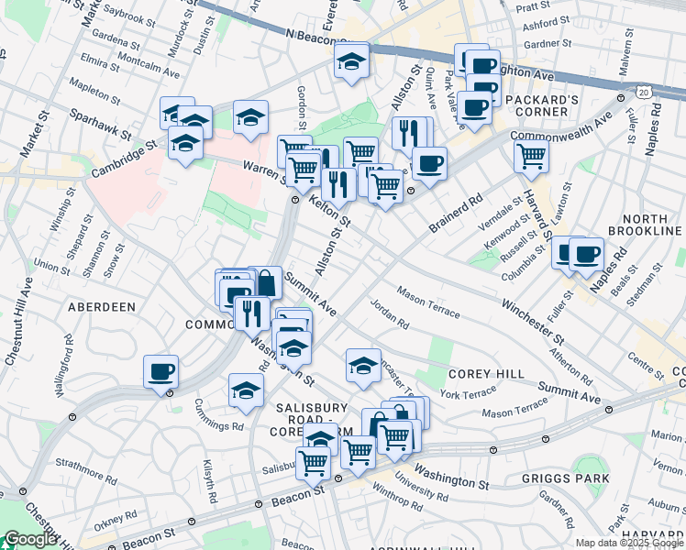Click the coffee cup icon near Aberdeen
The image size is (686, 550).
click(x=161, y=372)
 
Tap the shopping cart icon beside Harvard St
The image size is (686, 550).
click(x=532, y=156)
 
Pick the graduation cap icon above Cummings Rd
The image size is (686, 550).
click(x=246, y=390)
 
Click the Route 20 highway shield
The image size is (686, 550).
click(x=645, y=93)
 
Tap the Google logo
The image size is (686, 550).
click(x=30, y=539)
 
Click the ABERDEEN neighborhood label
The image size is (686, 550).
click(x=102, y=307)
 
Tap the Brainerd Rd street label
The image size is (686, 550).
click(x=463, y=212)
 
